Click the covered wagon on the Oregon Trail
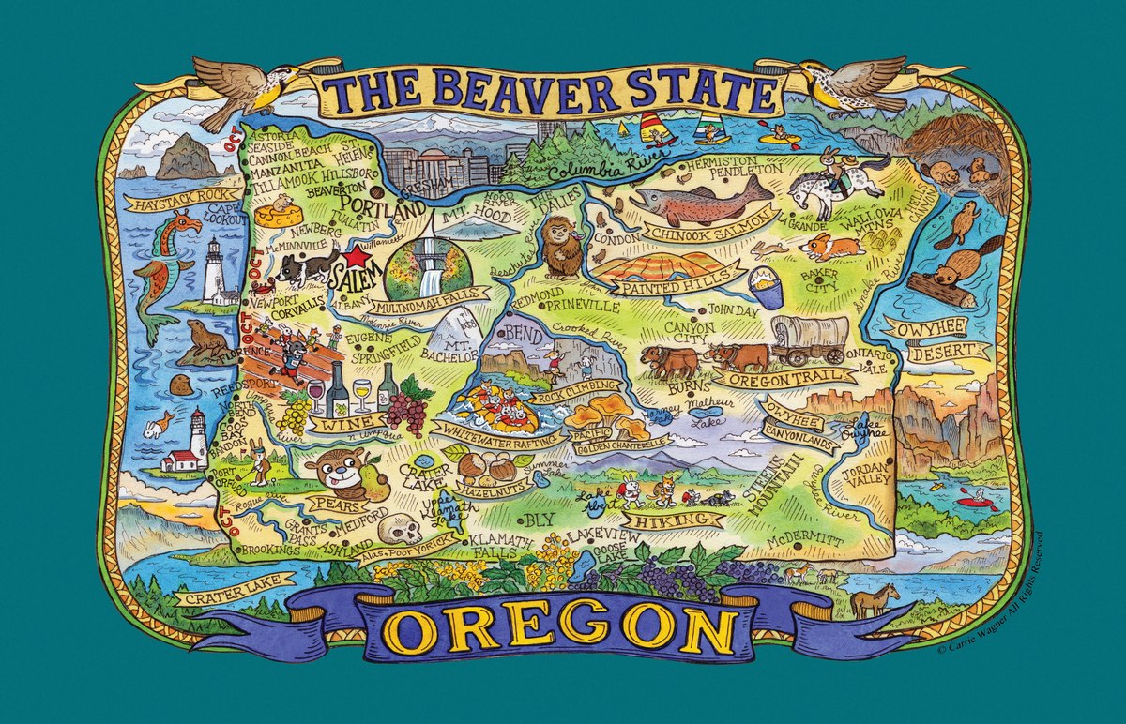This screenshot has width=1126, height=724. click(x=809, y=339)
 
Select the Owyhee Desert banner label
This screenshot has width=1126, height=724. click(x=935, y=339)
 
